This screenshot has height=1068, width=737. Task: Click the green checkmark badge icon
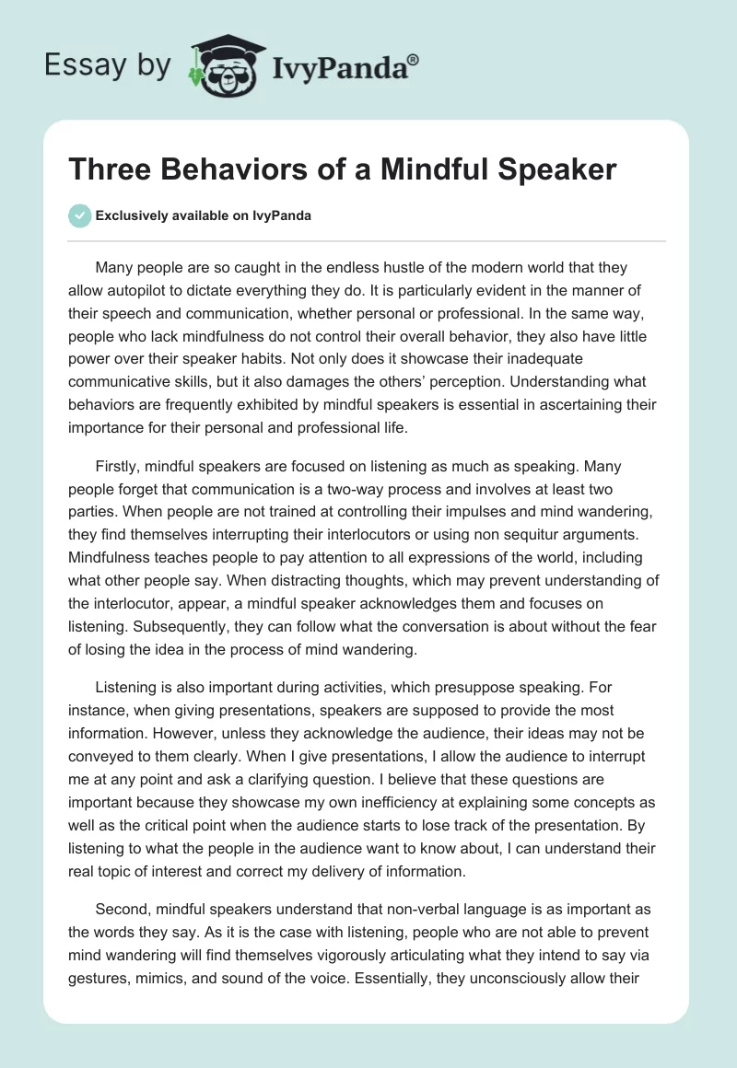pyautogui.click(x=79, y=215)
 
